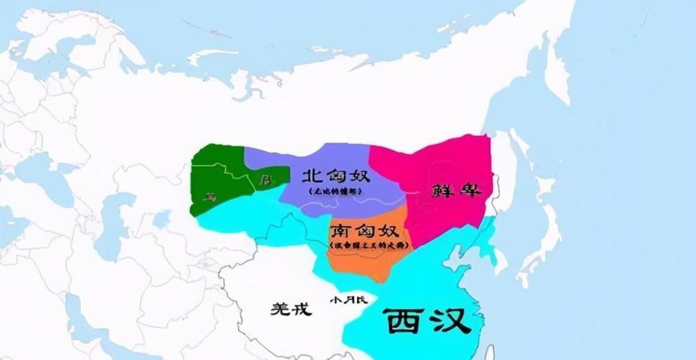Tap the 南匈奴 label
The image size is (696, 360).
pyautogui.click(x=363, y=232)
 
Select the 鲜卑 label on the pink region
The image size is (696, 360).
pyautogui.click(x=456, y=191)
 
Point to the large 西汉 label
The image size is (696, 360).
pyautogui.click(x=428, y=322)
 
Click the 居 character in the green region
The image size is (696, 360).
pyautogui.click(x=265, y=178)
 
